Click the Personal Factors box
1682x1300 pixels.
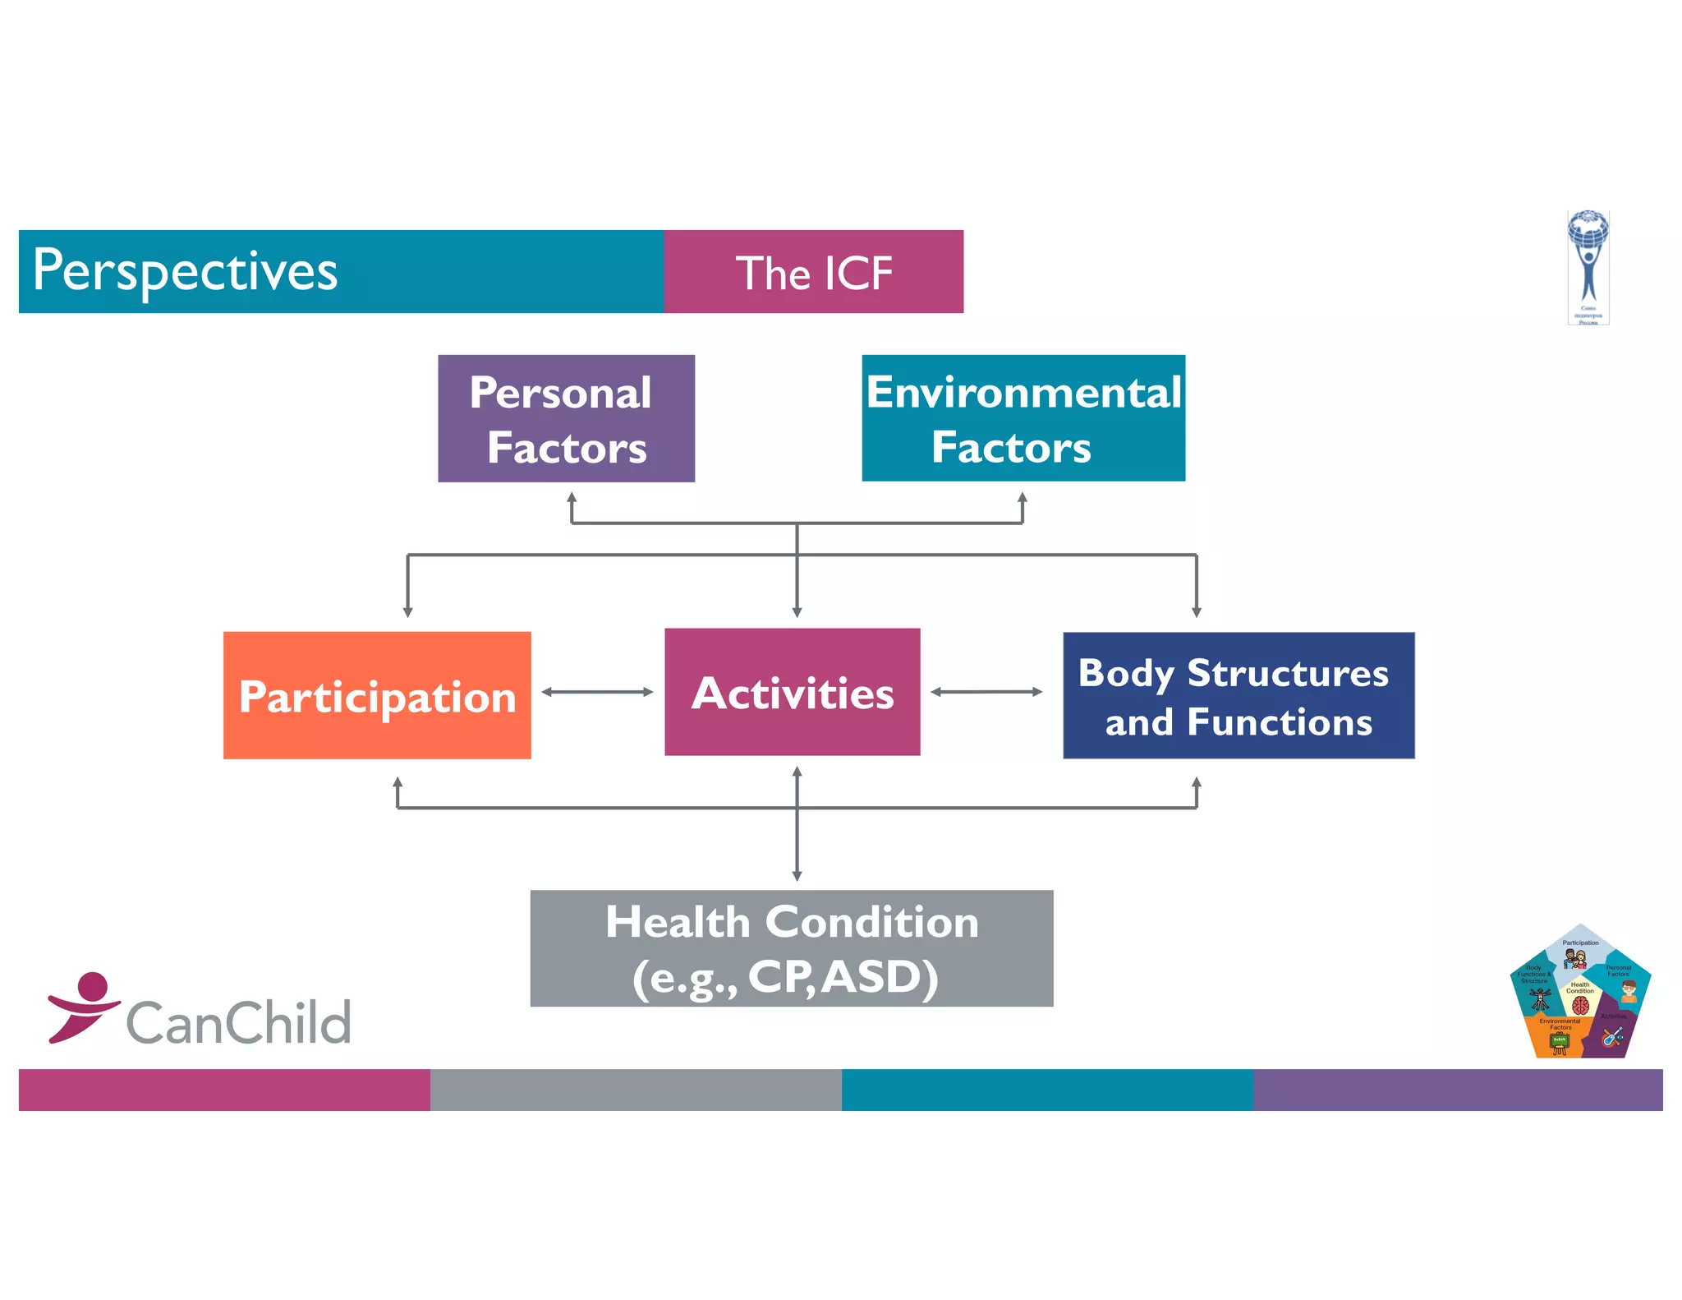[x=566, y=418]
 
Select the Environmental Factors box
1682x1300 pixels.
[x=1023, y=418]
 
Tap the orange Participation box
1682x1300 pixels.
[x=377, y=695]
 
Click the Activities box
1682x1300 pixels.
[x=792, y=692]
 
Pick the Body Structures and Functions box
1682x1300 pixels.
[x=1239, y=695]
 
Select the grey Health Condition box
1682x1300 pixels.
[x=792, y=948]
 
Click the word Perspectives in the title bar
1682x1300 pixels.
[x=186, y=271]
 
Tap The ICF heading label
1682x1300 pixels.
[x=813, y=273]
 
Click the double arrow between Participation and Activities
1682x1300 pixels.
[x=597, y=692]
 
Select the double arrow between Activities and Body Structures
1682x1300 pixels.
[x=986, y=692]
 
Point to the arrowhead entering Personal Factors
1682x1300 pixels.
[x=572, y=498]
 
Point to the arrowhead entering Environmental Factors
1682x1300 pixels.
[x=1023, y=498]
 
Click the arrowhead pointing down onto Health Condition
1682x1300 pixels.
[x=797, y=876]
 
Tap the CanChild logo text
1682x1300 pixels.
[x=238, y=1023]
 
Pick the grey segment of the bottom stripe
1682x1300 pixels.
[x=636, y=1090]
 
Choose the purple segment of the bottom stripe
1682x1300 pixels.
[x=1458, y=1090]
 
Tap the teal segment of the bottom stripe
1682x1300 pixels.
[x=1047, y=1090]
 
